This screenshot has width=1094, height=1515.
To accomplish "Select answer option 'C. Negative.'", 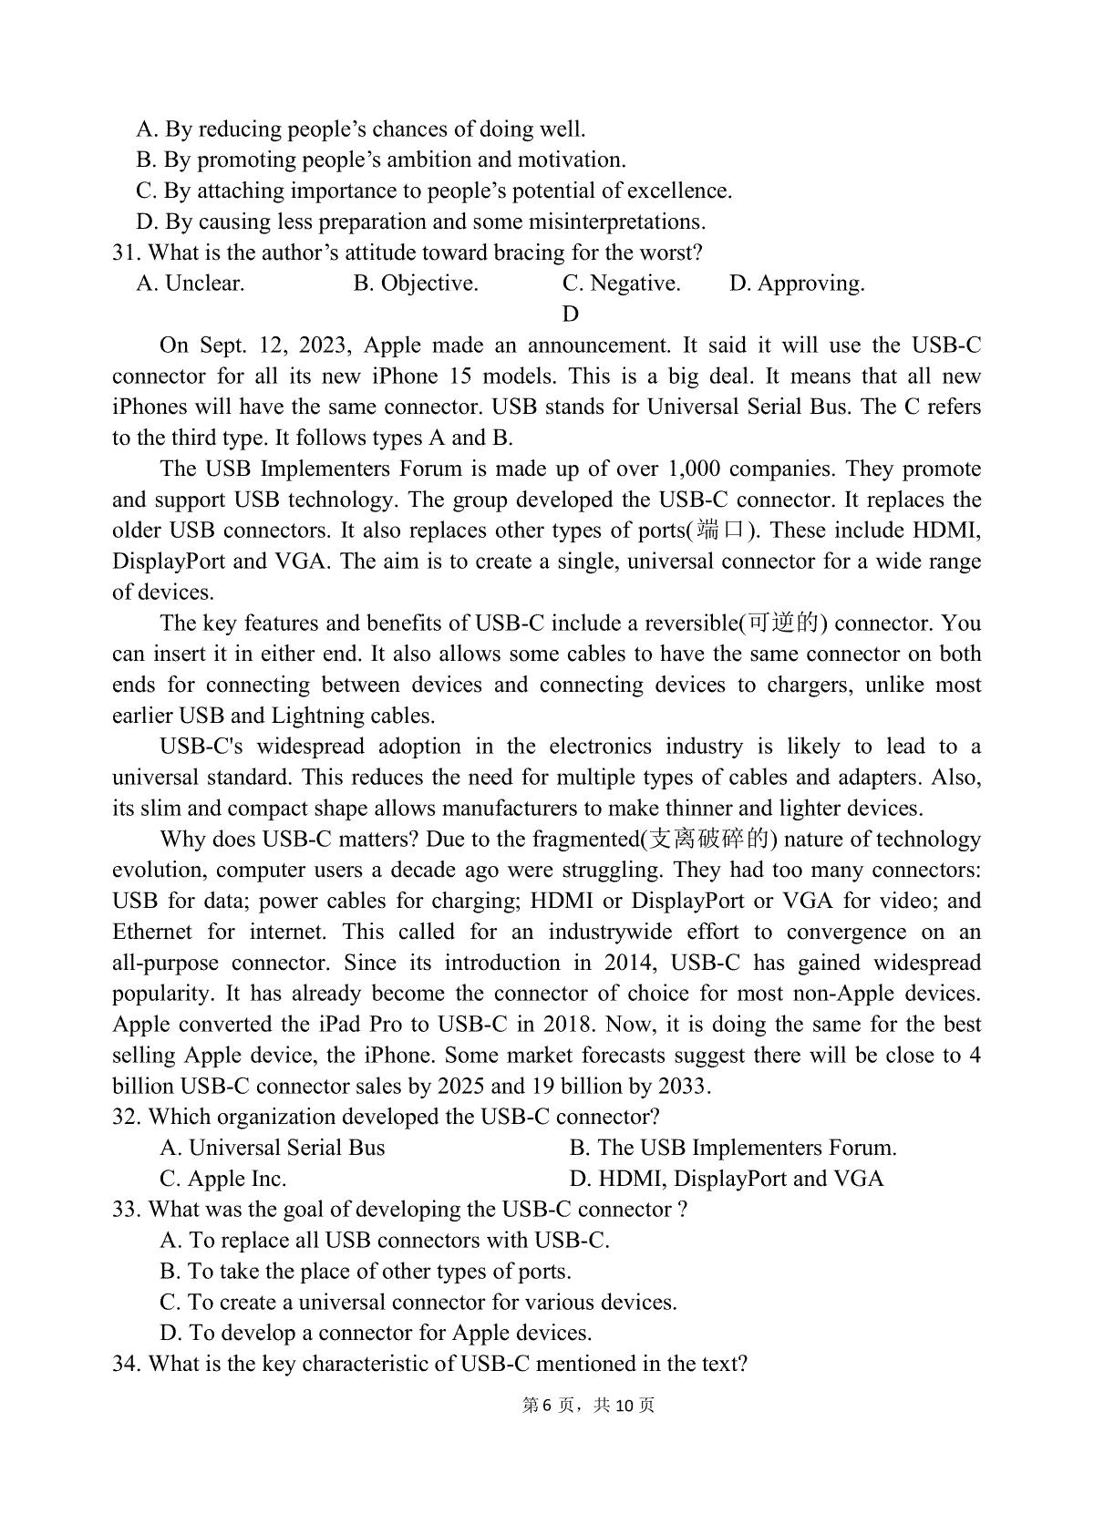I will pyautogui.click(x=621, y=283).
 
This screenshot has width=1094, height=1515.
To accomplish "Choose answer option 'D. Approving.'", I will pyautogui.click(x=797, y=283).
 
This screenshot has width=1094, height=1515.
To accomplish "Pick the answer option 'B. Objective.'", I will pyautogui.click(x=416, y=283).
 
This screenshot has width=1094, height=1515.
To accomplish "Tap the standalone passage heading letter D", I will pyautogui.click(x=571, y=314).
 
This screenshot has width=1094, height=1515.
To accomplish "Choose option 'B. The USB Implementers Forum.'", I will pyautogui.click(x=733, y=1148).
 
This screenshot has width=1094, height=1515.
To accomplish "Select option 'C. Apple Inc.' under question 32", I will pyautogui.click(x=223, y=1179).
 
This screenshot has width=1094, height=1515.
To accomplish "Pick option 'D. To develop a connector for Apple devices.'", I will pyautogui.click(x=376, y=1333).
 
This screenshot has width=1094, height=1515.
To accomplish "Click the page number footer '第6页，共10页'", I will pyautogui.click(x=588, y=1406).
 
